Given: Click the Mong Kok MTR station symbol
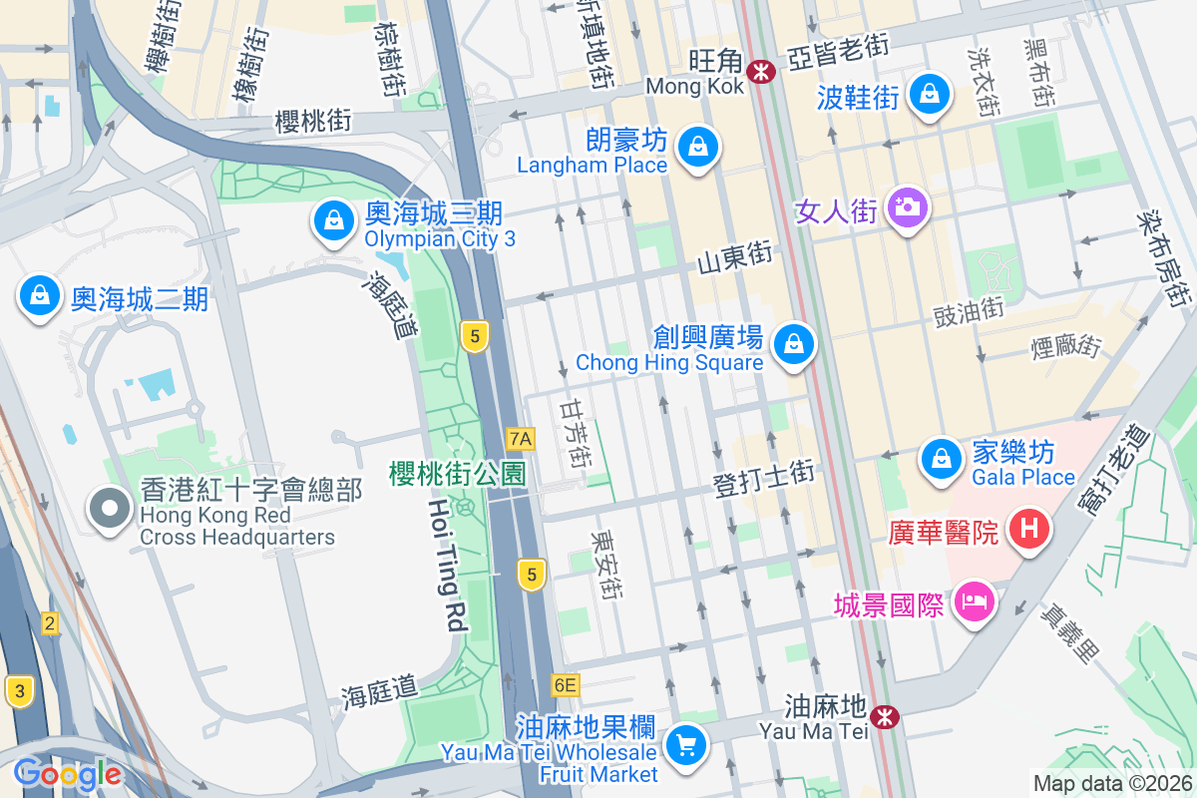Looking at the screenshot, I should tap(762, 71).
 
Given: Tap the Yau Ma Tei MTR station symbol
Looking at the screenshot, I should tap(883, 715).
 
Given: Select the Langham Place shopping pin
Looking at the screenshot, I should tap(698, 147).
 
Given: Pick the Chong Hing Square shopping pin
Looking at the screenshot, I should tap(794, 345).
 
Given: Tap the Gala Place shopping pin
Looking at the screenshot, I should tap(941, 460).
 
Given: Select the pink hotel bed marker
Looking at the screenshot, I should tap(973, 601).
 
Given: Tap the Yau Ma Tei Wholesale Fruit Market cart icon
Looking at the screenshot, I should tap(686, 744).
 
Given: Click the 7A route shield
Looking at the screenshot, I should tap(521, 438).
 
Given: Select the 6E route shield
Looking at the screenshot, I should tap(565, 684).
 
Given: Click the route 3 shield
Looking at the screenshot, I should tap(18, 690).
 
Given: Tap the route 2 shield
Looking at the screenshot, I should tap(49, 624).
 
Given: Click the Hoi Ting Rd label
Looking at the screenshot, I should tap(447, 565).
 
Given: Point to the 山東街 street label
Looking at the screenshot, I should tap(734, 259).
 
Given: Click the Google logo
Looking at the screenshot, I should tap(67, 774).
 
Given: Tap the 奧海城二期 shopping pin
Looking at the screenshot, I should tap(39, 296).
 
